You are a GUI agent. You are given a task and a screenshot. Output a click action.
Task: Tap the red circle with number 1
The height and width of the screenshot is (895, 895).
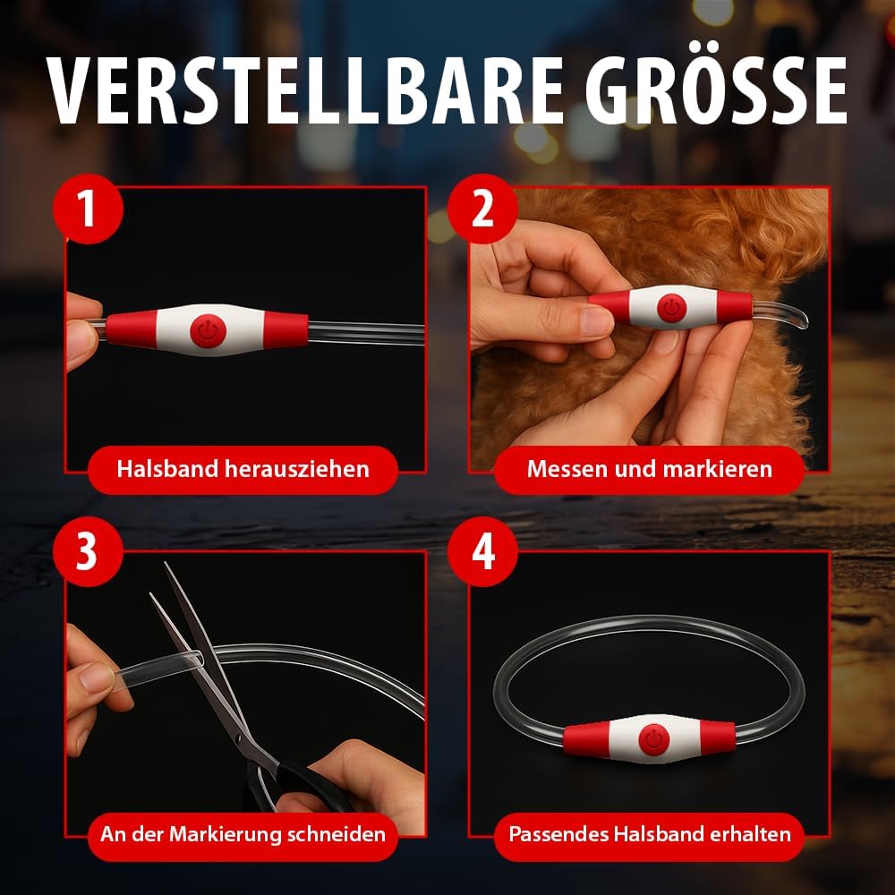(x=88, y=209)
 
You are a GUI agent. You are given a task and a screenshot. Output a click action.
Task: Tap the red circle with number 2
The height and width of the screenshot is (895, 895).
(x=482, y=209)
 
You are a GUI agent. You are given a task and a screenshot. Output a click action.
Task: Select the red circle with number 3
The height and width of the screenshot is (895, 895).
(x=88, y=551)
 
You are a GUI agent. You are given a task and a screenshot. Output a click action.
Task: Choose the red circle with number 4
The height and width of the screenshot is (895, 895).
(x=482, y=551)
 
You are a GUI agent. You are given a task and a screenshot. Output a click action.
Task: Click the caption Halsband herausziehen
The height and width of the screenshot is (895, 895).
(x=243, y=469)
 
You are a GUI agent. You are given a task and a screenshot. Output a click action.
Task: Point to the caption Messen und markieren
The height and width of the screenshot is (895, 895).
(x=649, y=469)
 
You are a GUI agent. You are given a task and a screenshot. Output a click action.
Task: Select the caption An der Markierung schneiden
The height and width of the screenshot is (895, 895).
(x=243, y=834)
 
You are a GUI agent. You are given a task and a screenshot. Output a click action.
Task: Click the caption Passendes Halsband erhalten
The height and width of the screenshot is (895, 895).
(x=650, y=834)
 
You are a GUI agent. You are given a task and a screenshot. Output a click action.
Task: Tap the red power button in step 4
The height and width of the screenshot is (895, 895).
(x=654, y=739)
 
